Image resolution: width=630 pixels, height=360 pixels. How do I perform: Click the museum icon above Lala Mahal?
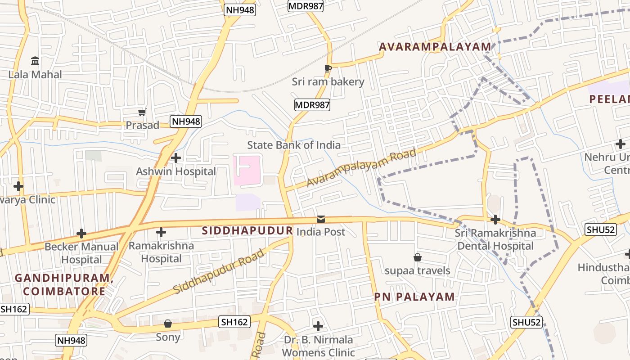35,61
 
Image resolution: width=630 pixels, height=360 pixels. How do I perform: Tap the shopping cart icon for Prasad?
142,112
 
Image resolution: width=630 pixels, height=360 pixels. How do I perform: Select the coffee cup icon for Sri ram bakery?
328,68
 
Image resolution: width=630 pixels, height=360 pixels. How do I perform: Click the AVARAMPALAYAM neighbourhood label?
435,47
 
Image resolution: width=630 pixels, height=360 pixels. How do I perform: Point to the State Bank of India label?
294,145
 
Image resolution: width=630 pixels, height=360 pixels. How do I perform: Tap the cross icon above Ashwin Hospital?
176,158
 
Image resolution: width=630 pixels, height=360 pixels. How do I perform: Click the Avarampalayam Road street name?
361,168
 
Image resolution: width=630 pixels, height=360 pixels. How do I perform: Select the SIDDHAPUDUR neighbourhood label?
247,231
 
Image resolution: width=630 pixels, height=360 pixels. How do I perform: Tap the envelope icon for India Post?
321,219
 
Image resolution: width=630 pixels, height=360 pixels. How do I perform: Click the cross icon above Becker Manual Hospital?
81,234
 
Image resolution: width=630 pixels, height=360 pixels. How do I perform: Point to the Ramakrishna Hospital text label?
161,252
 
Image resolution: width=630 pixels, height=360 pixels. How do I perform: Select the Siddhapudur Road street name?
219,271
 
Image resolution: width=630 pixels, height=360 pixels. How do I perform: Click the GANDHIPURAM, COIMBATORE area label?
64,284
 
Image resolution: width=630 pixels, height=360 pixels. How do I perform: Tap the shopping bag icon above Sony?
168,324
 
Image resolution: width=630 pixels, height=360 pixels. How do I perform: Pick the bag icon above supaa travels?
418,257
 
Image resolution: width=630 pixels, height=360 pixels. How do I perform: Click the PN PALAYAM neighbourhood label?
414,297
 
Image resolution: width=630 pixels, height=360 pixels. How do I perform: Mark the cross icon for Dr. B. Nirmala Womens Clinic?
318,326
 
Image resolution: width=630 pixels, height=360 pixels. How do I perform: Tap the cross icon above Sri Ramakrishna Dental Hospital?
495,220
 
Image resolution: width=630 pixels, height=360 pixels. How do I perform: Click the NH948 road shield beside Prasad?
185,121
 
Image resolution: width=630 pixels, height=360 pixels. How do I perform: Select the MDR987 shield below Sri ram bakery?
312,105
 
